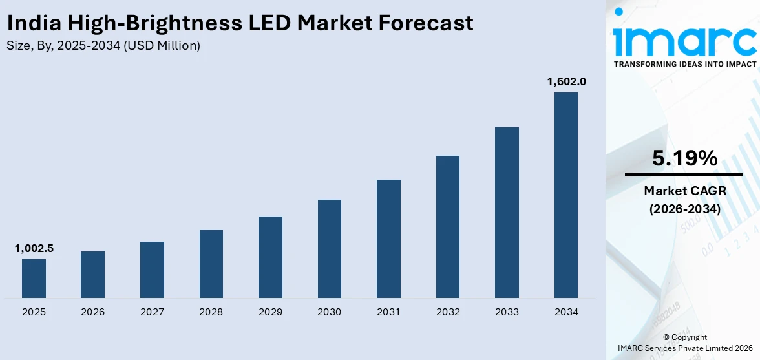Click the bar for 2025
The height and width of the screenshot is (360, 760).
click(34, 278)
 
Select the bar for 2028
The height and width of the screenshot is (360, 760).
click(211, 264)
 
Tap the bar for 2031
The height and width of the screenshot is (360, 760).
click(388, 238)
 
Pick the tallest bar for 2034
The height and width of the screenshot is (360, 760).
click(566, 195)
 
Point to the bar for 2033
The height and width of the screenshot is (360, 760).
click(507, 212)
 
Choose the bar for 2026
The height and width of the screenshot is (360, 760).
click(92, 274)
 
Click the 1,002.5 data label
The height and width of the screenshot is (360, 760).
click(34, 248)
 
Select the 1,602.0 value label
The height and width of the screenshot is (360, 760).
click(566, 81)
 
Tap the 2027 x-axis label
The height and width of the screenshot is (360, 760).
click(152, 312)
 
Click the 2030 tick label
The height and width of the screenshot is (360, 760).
click(329, 312)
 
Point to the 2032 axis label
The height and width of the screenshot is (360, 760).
click(448, 312)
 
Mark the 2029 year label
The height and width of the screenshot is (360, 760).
click(270, 312)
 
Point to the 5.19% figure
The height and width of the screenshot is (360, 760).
click(684, 158)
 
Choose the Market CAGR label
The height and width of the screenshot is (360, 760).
click(684, 191)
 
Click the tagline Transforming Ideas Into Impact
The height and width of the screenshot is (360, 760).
click(684, 64)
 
